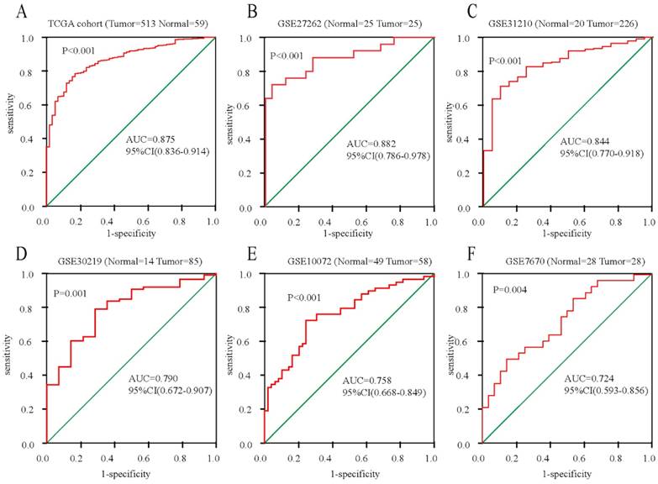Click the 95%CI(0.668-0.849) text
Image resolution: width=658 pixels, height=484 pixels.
coord(384,392)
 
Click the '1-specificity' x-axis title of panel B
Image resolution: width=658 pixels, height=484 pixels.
coord(346,232)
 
